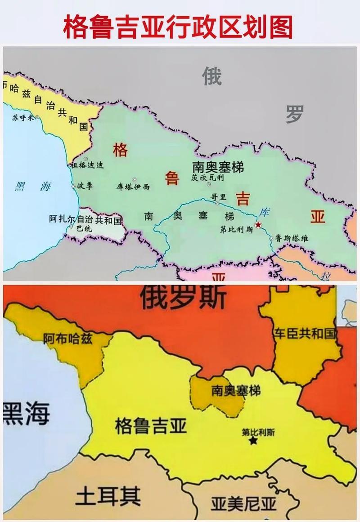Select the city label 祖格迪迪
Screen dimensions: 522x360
pos(87,165)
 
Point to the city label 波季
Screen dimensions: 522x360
pos(84,185)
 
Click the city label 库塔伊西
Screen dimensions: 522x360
pos(133,187)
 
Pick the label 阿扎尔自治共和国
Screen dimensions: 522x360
pos(85,220)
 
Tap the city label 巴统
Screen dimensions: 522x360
pos(84,228)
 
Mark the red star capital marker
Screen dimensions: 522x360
pos(258,224)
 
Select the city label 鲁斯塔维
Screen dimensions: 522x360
pos(292,238)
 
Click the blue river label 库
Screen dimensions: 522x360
pos(263,211)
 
